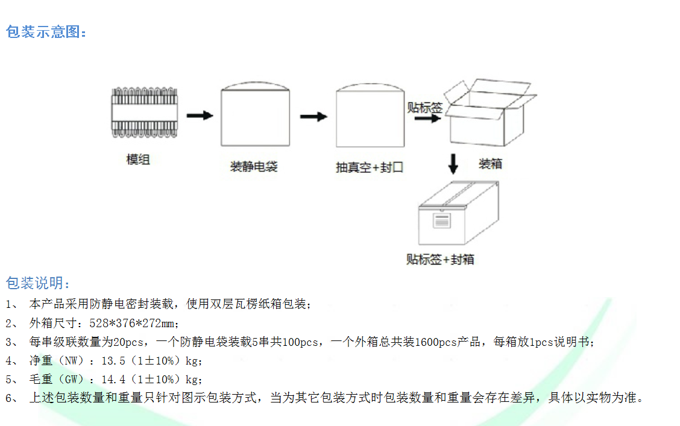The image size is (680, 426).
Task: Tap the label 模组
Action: (138, 160)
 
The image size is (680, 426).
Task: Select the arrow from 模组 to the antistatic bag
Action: (200, 115)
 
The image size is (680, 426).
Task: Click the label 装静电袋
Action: (254, 167)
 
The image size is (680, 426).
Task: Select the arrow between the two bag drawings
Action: (313, 116)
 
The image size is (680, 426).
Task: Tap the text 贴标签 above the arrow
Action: (424, 107)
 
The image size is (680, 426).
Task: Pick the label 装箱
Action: (490, 164)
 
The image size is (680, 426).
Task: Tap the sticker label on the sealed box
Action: (442, 221)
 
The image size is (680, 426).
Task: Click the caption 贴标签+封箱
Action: (440, 260)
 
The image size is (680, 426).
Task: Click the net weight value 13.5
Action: (112, 362)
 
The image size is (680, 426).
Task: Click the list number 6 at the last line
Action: (9, 399)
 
